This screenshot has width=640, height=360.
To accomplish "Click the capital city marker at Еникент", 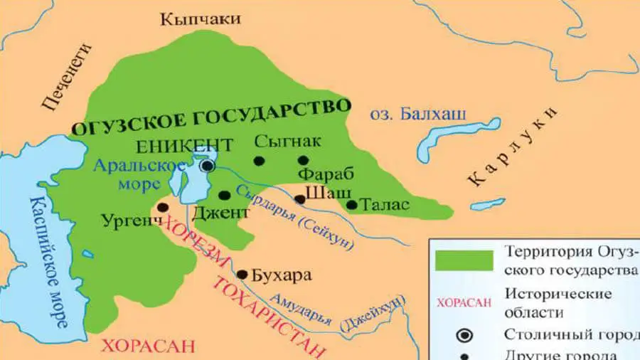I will click(x=207, y=165).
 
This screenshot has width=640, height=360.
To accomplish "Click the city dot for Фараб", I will click(x=304, y=161).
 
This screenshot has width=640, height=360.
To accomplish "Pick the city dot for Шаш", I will click(x=300, y=199).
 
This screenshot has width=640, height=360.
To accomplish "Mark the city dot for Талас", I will click(x=351, y=205).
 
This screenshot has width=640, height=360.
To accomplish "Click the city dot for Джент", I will click(x=224, y=195).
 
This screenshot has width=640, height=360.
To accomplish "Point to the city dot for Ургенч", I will click(x=163, y=207).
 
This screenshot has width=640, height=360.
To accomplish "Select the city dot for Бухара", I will click(x=242, y=274).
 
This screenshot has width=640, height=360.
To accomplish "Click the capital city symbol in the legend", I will click(x=464, y=334).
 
